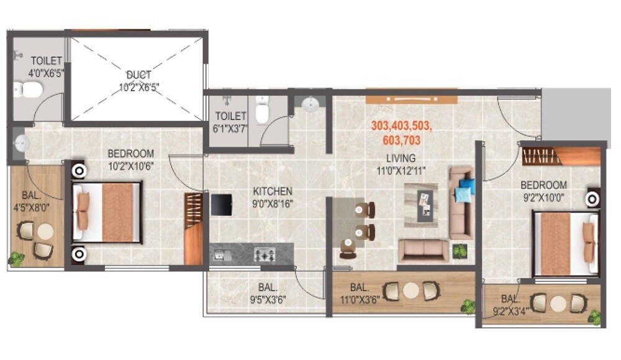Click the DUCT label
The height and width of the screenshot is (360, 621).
click(x=139, y=74)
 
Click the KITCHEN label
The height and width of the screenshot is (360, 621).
click(x=272, y=191)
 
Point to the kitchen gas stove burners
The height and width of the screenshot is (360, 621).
click(x=265, y=254)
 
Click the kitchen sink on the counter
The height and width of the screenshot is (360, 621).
click(x=221, y=254)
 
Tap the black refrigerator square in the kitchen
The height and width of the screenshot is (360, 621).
click(x=221, y=204)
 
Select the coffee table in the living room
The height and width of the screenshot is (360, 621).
click(x=422, y=205)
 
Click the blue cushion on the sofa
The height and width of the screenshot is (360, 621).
click(x=463, y=190)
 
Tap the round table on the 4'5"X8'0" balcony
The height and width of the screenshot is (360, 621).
click(x=45, y=232)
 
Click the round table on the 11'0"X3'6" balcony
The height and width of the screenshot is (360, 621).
click(x=410, y=290)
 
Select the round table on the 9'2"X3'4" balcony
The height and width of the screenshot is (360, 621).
click(x=558, y=304)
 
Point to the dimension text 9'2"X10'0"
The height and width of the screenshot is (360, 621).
click(x=543, y=198)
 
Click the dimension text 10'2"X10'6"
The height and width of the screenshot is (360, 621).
click(x=130, y=166)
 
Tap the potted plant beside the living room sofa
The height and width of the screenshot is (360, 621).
click(x=460, y=251)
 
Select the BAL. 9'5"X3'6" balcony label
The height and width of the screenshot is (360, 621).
click(x=267, y=293)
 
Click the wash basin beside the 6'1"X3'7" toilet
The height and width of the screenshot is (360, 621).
click(x=309, y=104)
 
